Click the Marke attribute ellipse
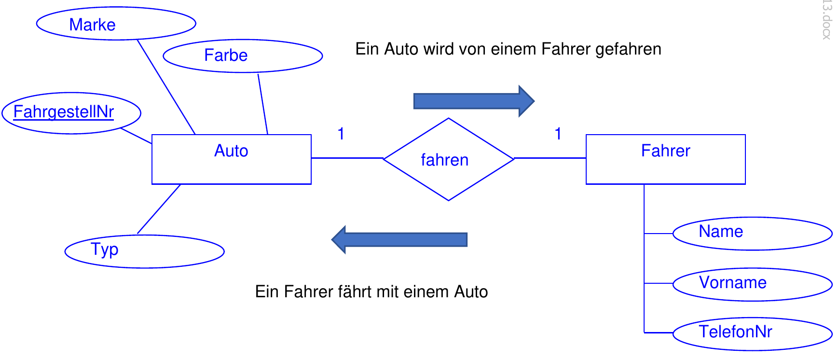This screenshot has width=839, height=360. (x=116, y=24)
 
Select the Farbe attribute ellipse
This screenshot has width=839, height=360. (x=243, y=56)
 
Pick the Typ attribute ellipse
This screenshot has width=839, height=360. (x=144, y=251)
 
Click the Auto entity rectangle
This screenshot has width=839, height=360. (x=231, y=159)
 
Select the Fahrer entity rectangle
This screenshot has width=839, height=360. (x=665, y=159)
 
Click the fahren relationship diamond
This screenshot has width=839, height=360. (x=448, y=159)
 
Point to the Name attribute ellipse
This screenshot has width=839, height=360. (x=752, y=234)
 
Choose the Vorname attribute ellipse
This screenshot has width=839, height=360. (x=752, y=284)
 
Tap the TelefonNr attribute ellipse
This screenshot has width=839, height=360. (x=752, y=333)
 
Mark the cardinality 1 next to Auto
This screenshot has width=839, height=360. (x=341, y=134)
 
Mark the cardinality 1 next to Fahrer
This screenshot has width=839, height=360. (x=558, y=134)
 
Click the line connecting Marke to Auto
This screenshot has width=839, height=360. (x=166, y=87)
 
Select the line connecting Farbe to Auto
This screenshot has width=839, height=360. (x=263, y=104)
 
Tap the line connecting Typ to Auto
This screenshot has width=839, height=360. (x=159, y=209)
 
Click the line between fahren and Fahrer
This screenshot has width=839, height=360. (x=550, y=158)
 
